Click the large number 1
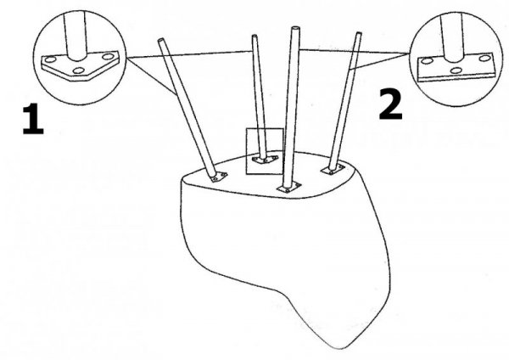(x=33, y=119)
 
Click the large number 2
(x=390, y=104)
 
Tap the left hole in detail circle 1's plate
(x=50, y=59)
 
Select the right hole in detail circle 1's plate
(x=108, y=57)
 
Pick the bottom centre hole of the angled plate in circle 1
(x=78, y=70)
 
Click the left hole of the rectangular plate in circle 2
(x=426, y=61)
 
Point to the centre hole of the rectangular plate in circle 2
(x=456, y=70)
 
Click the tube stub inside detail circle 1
(x=76, y=36)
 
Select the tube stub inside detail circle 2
(x=452, y=37)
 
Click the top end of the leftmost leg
(x=161, y=40)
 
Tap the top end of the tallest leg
(x=295, y=29)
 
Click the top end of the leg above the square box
(x=255, y=36)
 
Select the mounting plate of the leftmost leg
(x=219, y=177)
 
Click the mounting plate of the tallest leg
(x=288, y=187)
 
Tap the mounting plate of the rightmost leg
(x=333, y=169)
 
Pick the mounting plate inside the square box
(x=266, y=160)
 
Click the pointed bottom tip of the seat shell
(x=342, y=348)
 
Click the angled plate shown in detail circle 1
(x=80, y=66)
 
